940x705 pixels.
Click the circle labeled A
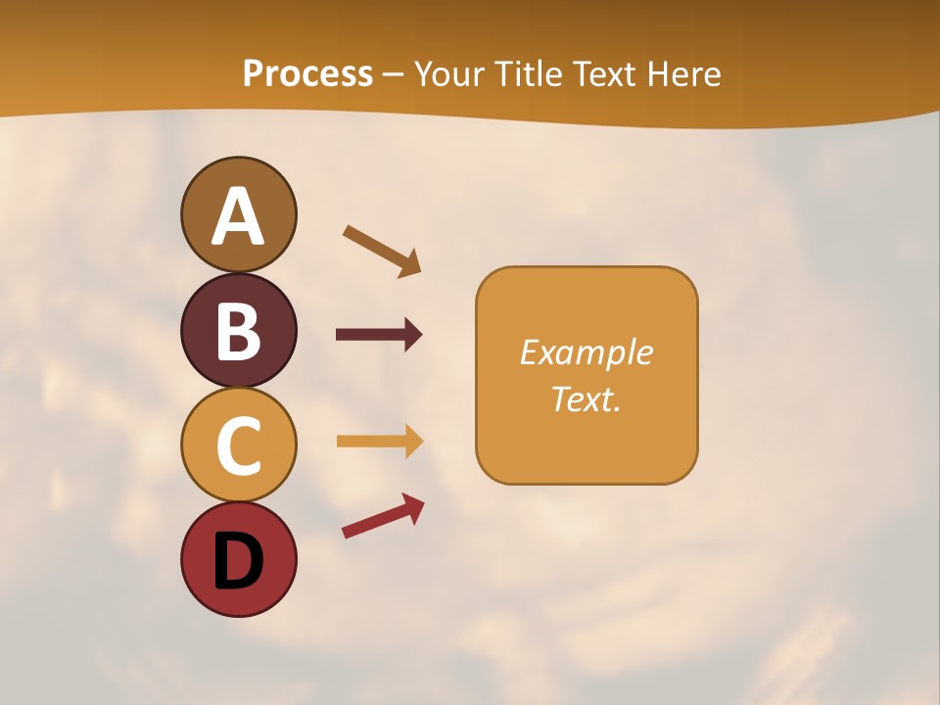pyautogui.click(x=238, y=214)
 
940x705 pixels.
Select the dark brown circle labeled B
pyautogui.click(x=238, y=330)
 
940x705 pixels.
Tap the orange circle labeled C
pyautogui.click(x=238, y=445)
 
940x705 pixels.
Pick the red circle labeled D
pyautogui.click(x=238, y=559)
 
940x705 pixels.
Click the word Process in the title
pyautogui.click(x=307, y=73)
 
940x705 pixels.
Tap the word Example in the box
pyautogui.click(x=586, y=352)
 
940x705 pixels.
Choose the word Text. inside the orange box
pyautogui.click(x=586, y=399)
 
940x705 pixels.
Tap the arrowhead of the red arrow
pyautogui.click(x=414, y=505)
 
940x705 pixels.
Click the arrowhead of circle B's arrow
pyautogui.click(x=413, y=335)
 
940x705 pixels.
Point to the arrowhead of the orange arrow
pyautogui.click(x=413, y=441)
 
